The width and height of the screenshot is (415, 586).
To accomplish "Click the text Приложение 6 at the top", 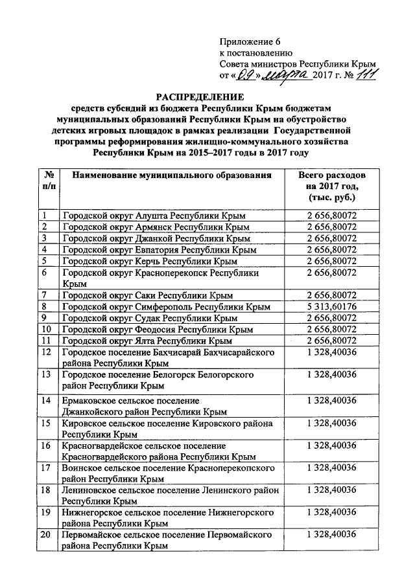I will pos(248,40).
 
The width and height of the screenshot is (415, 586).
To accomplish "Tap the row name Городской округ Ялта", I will pos(147,341).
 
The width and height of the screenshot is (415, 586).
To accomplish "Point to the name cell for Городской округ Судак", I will pos(149,318).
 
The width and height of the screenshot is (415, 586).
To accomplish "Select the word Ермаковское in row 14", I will pos(89,400).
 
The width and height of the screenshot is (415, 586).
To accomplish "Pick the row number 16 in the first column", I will pos(46,446).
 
